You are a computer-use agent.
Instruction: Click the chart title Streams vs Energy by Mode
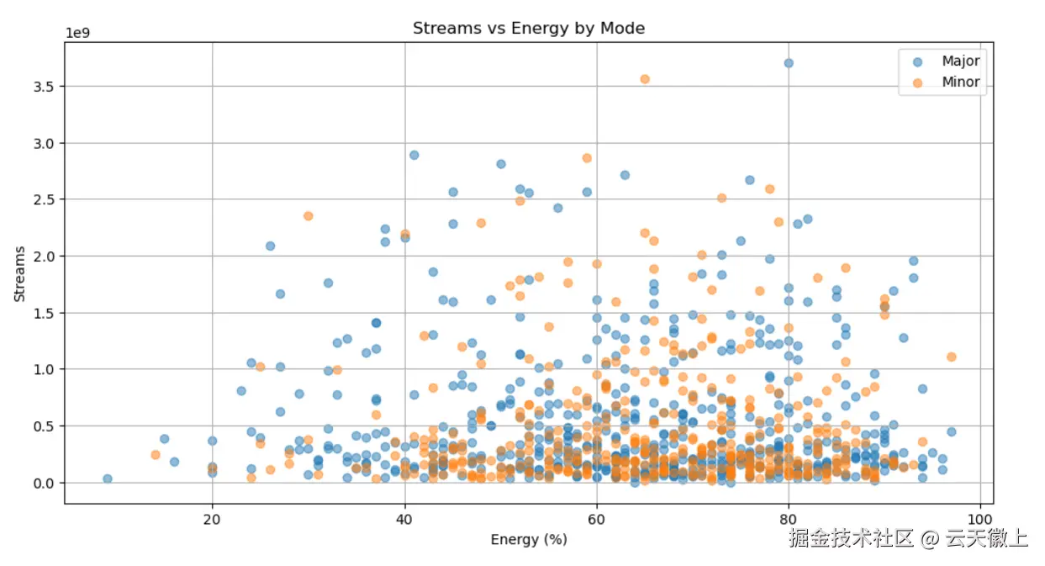click(528, 28)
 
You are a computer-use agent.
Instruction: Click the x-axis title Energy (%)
click(529, 540)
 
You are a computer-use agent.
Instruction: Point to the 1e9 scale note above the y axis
click(79, 34)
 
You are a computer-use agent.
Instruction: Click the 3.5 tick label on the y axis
click(44, 86)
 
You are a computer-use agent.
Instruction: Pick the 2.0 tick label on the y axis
click(44, 256)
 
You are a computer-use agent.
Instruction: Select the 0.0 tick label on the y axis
click(44, 483)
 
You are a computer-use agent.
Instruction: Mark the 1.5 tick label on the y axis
click(44, 313)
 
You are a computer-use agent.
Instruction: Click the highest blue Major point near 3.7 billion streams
click(789, 63)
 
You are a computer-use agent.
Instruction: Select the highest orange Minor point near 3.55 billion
click(645, 79)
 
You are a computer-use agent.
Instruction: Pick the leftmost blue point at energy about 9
click(107, 479)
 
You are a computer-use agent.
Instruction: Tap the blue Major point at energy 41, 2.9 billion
click(414, 155)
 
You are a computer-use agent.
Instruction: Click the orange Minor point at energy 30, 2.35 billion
click(309, 216)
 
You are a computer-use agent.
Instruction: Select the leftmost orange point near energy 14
click(156, 455)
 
